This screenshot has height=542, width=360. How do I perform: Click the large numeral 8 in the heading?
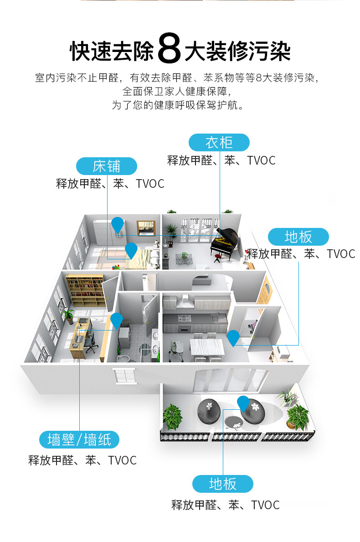tap(170, 51)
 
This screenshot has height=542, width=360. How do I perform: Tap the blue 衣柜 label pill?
tap(219, 142)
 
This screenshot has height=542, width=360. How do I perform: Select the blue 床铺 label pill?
tap(107, 166)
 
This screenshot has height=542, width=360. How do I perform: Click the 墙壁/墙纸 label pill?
tap(79, 439)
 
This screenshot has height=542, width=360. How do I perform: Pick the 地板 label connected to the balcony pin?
tap(222, 484)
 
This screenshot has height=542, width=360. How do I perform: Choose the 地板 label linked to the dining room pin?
tap(298, 237)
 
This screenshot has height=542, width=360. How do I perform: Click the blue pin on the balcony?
tap(243, 403)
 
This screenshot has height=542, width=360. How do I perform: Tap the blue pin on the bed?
tap(131, 249)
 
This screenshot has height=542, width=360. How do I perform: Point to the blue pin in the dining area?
tap(233, 337)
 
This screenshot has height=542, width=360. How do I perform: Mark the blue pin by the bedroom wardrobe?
tap(118, 224)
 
